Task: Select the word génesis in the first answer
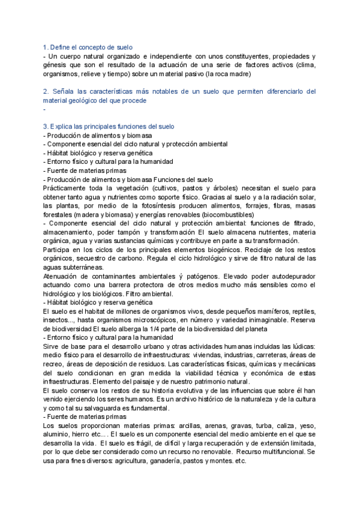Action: [x=57, y=65]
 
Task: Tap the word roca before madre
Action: [x=219, y=74]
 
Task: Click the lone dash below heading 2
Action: [x=45, y=109]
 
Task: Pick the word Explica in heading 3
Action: [x=64, y=127]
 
